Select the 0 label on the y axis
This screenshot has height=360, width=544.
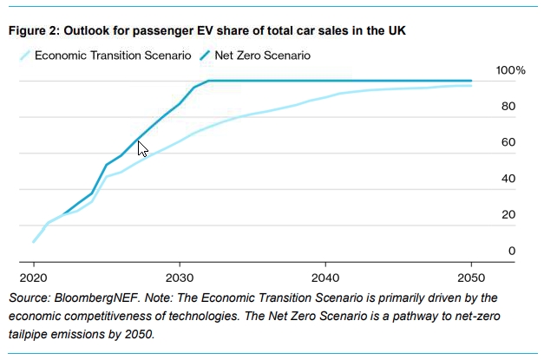coord(512,251)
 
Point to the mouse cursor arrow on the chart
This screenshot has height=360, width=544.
coord(142,148)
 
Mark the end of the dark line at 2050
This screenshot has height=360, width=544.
coord(471,81)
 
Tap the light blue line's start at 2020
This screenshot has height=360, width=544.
coord(34,242)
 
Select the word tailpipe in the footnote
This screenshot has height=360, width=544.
coord(33,334)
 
